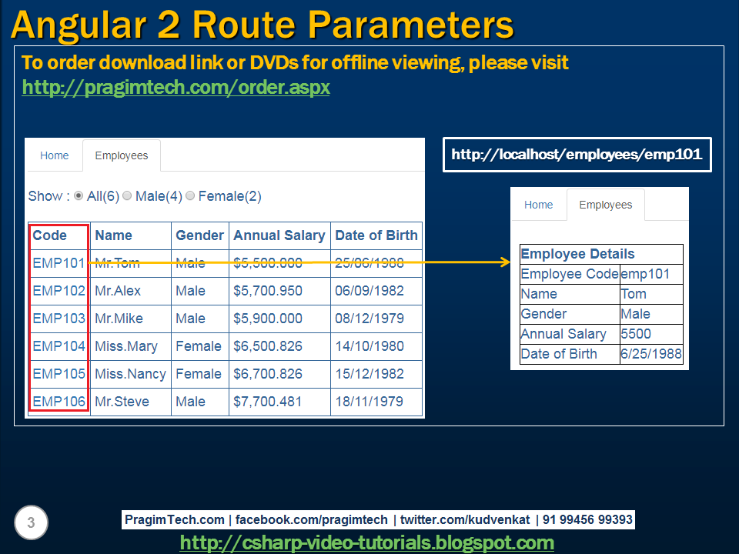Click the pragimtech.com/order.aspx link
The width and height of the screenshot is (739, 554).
coord(176,88)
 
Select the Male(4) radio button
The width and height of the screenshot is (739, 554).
coord(127,196)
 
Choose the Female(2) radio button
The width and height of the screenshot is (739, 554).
coord(190,196)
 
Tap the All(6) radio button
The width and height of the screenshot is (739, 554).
coord(79,196)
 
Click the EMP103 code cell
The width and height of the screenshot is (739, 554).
coord(59,319)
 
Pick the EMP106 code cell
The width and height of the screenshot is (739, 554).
coord(59,402)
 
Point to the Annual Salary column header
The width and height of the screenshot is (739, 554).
coord(279,235)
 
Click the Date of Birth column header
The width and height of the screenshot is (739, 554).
coord(376,235)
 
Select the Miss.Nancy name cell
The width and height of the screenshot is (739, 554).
coord(130,374)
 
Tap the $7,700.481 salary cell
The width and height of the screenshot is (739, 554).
coord(268,402)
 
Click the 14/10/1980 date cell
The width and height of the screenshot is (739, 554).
coord(369,346)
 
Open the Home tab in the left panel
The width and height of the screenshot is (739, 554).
coord(55,155)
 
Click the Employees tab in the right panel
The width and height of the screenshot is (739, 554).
coord(605,205)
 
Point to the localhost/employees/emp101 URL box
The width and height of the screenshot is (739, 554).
coord(577,155)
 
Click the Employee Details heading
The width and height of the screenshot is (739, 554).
coord(578,254)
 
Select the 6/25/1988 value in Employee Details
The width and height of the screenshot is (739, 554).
coord(650,354)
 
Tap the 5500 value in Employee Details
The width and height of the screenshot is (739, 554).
coord(636,334)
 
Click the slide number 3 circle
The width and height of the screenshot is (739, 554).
coord(31,523)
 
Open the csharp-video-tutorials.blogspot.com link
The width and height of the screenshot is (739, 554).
coord(366,543)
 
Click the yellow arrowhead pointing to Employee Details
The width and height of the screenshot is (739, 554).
coord(506,263)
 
